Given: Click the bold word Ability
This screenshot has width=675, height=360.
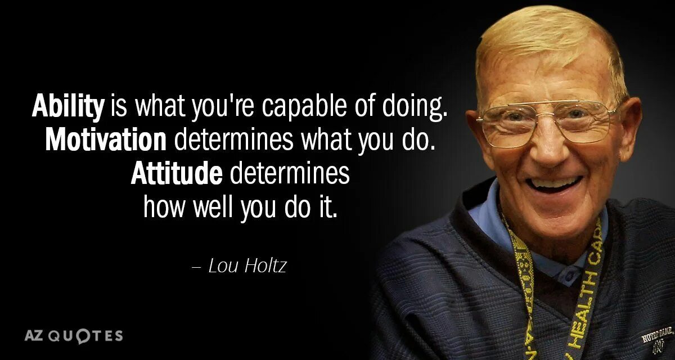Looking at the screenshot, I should click(x=68, y=106).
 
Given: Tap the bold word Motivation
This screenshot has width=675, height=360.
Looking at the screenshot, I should click(x=106, y=139).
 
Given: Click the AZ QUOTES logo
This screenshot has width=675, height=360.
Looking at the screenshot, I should click(x=73, y=336).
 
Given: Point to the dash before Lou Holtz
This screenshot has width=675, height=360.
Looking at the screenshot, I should click(x=196, y=267).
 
